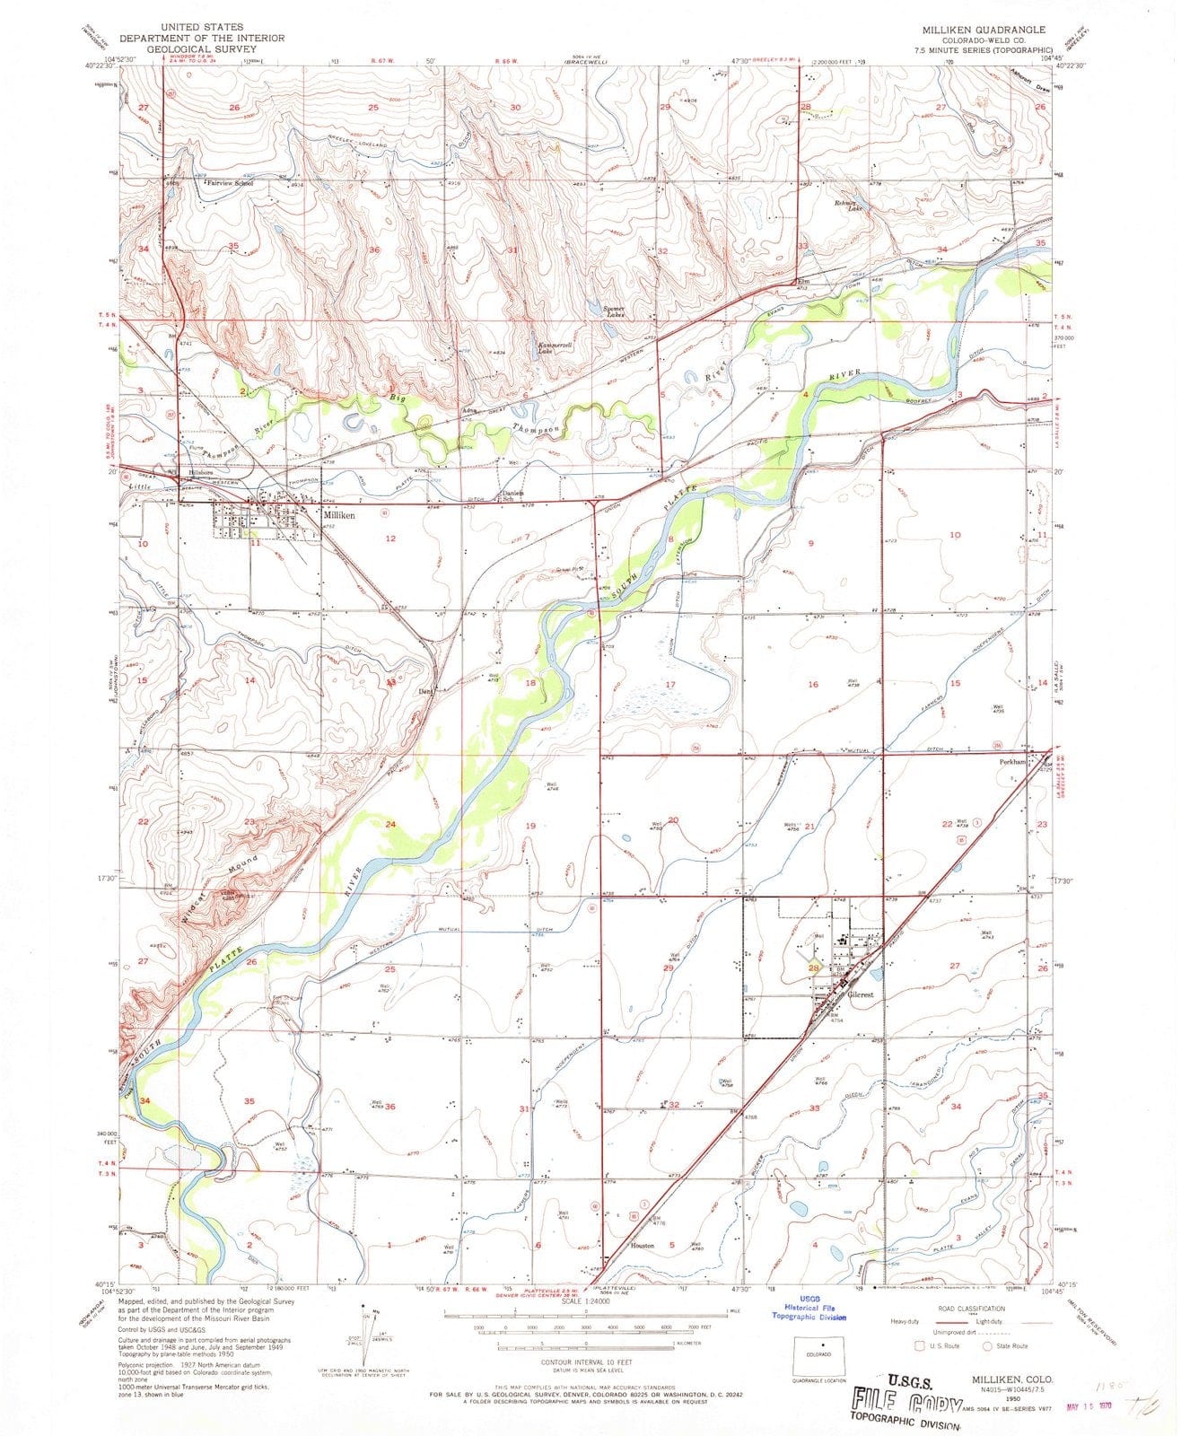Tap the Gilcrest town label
coord(860,995)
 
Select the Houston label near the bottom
coord(643,1246)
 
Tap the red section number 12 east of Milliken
coord(389,538)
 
